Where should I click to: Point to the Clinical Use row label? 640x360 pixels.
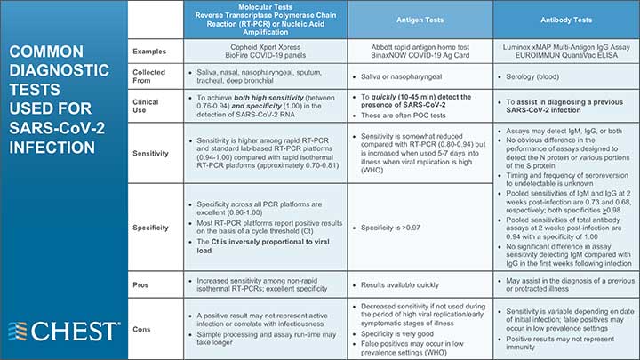(146, 108)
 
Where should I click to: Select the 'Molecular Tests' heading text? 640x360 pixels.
(265, 5)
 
